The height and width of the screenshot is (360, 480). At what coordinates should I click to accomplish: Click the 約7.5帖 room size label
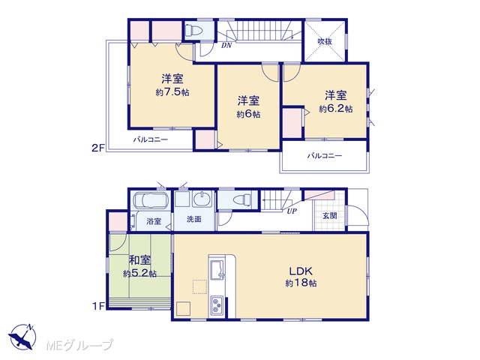(x=172, y=92)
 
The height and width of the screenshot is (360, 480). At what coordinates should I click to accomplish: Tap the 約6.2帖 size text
(x=336, y=108)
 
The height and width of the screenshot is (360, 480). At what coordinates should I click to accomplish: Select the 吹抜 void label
(x=325, y=41)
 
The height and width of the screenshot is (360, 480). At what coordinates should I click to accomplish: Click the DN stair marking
(x=226, y=46)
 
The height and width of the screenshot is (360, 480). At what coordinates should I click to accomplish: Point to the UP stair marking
(x=292, y=211)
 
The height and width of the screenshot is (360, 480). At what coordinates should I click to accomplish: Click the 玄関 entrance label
(x=330, y=215)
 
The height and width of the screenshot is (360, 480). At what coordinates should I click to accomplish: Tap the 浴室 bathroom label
(x=154, y=220)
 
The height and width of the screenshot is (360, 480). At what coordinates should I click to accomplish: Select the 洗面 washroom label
(x=194, y=219)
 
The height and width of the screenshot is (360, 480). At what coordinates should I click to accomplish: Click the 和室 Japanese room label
(x=139, y=260)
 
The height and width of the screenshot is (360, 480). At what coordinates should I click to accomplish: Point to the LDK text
(x=301, y=271)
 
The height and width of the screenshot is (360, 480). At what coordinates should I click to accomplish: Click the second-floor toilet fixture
(x=194, y=31)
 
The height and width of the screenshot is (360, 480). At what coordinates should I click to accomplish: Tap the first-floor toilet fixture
(x=241, y=200)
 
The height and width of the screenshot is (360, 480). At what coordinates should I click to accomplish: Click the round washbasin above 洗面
(x=202, y=198)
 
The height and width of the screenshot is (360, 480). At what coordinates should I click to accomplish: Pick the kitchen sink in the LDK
(x=217, y=270)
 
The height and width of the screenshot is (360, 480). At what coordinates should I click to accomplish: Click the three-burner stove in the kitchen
(x=217, y=304)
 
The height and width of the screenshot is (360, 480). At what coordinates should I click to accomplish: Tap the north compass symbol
(x=22, y=337)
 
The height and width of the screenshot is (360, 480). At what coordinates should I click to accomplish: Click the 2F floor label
(x=98, y=148)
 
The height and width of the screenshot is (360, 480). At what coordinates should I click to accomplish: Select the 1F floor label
(x=98, y=306)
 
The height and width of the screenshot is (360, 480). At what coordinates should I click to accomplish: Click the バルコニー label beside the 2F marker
(x=150, y=140)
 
